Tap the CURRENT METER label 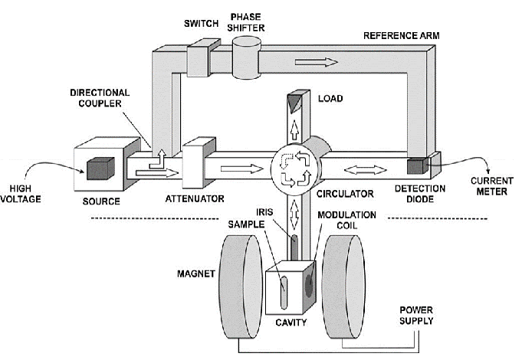pos(486,186)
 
